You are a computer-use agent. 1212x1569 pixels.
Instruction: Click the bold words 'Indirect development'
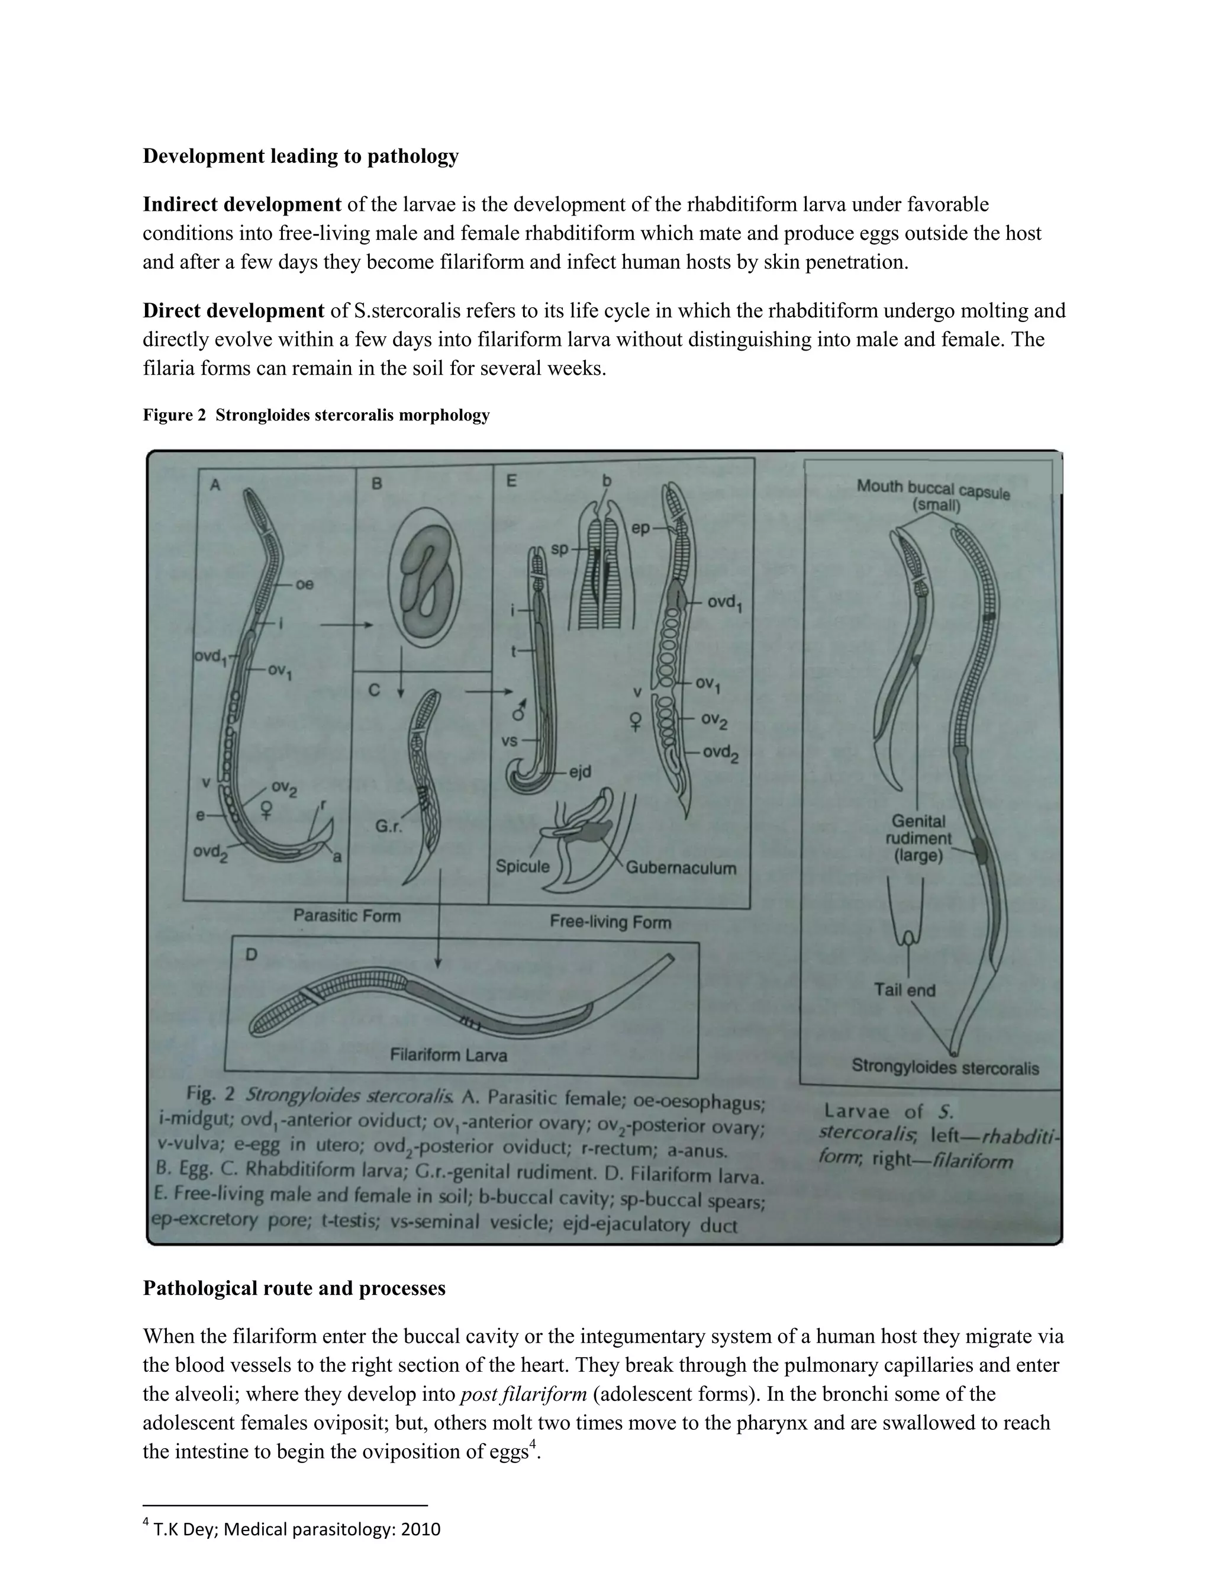242,205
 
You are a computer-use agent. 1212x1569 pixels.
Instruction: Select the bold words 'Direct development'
233,311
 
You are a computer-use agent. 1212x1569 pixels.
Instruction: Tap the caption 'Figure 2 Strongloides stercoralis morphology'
316,415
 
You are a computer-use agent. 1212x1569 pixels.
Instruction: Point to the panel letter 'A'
215,486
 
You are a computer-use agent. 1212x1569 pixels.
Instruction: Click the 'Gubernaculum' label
681,868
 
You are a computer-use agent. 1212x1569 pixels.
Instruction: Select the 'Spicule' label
522,866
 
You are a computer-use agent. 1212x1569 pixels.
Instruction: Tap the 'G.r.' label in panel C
388,827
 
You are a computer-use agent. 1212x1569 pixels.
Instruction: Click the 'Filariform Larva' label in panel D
448,1055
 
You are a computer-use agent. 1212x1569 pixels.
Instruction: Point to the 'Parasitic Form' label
347,916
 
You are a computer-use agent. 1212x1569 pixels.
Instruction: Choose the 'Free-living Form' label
610,922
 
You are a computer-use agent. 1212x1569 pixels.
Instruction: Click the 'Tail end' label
904,990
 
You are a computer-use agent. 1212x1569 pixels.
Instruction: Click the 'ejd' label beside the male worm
580,771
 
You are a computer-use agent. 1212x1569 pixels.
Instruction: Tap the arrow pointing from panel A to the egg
346,625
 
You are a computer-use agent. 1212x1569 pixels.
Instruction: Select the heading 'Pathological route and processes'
294,1288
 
